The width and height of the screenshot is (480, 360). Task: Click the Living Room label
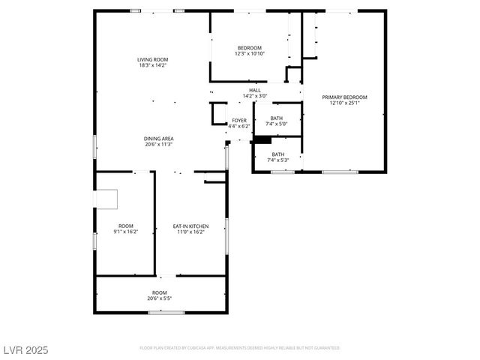click(152, 59)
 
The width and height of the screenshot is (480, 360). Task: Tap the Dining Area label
click(159, 139)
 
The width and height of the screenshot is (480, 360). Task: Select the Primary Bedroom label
click(345, 97)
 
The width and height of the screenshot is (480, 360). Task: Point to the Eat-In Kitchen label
click(190, 226)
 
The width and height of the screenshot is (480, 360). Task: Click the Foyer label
click(239, 120)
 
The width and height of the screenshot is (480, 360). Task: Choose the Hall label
click(255, 90)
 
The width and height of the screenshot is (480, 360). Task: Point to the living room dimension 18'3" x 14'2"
click(152, 65)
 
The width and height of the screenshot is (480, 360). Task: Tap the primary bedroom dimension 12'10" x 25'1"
click(345, 103)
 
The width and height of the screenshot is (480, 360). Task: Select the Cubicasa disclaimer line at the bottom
click(239, 348)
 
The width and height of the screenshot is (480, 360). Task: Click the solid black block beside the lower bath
click(262, 139)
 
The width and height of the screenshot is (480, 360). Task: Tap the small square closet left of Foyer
click(219, 112)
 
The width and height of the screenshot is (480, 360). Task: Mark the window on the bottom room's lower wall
click(166, 312)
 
